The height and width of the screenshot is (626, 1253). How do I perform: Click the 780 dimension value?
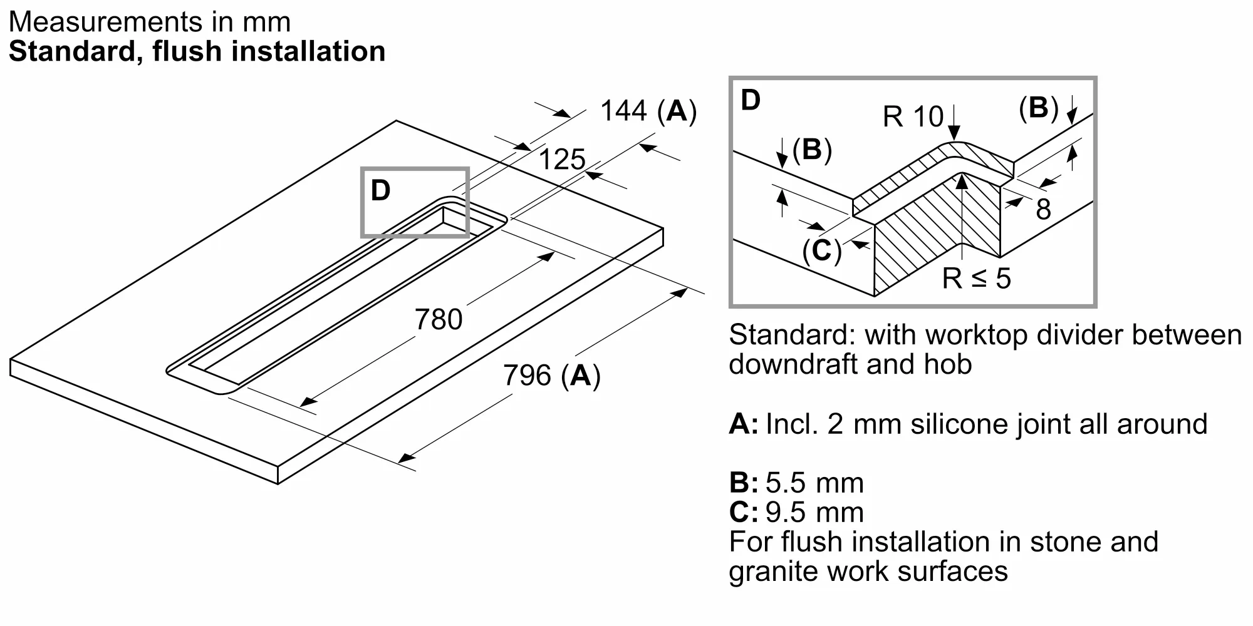[439, 319]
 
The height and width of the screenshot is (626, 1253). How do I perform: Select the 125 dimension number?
[562, 160]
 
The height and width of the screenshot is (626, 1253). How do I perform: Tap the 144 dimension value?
[623, 111]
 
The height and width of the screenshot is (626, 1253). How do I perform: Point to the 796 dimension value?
[527, 376]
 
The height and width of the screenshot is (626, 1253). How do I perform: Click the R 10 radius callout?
[913, 116]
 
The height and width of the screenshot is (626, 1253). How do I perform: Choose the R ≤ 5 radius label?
[977, 278]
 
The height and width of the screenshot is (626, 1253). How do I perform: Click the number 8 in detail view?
[1043, 209]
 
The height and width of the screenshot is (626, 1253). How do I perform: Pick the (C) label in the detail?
[822, 250]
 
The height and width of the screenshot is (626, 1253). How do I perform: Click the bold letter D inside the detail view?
[751, 100]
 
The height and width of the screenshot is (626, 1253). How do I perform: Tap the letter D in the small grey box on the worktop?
[381, 190]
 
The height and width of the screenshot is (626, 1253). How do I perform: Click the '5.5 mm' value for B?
[814, 483]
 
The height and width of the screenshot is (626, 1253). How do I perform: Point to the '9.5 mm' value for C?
[814, 513]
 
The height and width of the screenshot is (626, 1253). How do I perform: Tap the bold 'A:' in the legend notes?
[744, 424]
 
